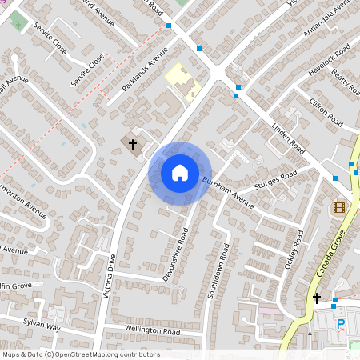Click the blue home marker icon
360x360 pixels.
click(180, 172)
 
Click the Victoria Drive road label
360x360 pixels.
click(110, 276)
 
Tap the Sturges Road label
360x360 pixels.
click(275, 182)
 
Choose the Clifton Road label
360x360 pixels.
click(325, 111)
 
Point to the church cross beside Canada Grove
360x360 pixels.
click(317, 298)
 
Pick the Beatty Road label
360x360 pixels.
click(345, 82)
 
